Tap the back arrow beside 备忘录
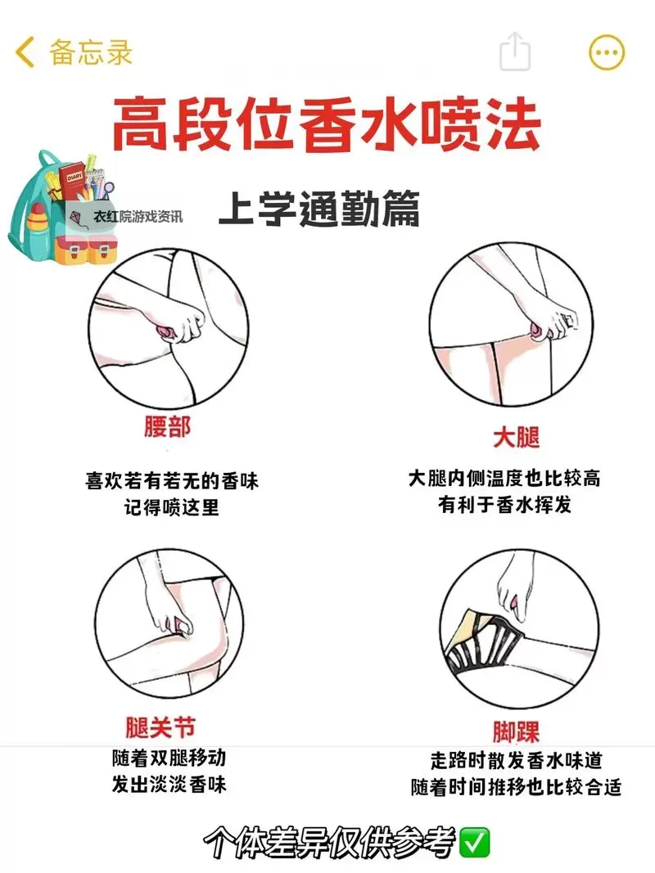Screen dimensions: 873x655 click(x=25, y=52)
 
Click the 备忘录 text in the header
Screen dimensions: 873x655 click(x=90, y=52)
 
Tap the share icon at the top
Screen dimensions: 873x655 click(x=515, y=52)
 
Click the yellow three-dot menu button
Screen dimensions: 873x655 click(x=607, y=53)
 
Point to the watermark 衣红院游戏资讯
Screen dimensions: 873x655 click(x=138, y=217)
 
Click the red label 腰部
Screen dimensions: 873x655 click(x=167, y=427)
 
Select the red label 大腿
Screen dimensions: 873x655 click(x=516, y=437)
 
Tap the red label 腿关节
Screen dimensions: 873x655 click(x=160, y=727)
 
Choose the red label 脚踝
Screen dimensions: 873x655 click(x=516, y=731)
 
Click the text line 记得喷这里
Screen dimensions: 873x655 click(x=172, y=507)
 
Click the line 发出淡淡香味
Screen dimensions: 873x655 click(x=169, y=785)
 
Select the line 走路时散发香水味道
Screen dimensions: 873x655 click(x=516, y=760)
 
